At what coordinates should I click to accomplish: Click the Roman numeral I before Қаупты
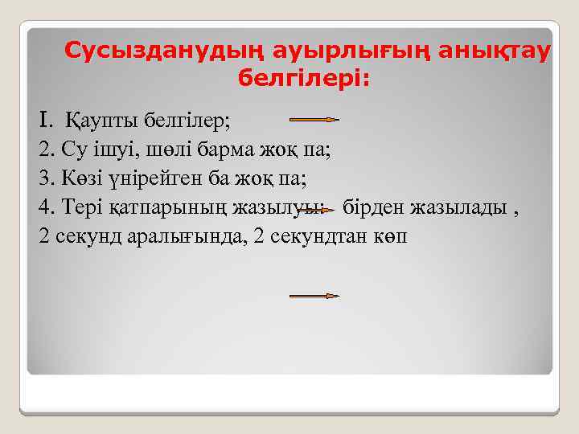[45, 121]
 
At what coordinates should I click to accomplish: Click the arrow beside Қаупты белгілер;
[313, 120]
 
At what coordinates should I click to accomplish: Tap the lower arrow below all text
[314, 296]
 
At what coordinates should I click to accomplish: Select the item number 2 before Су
[44, 150]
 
